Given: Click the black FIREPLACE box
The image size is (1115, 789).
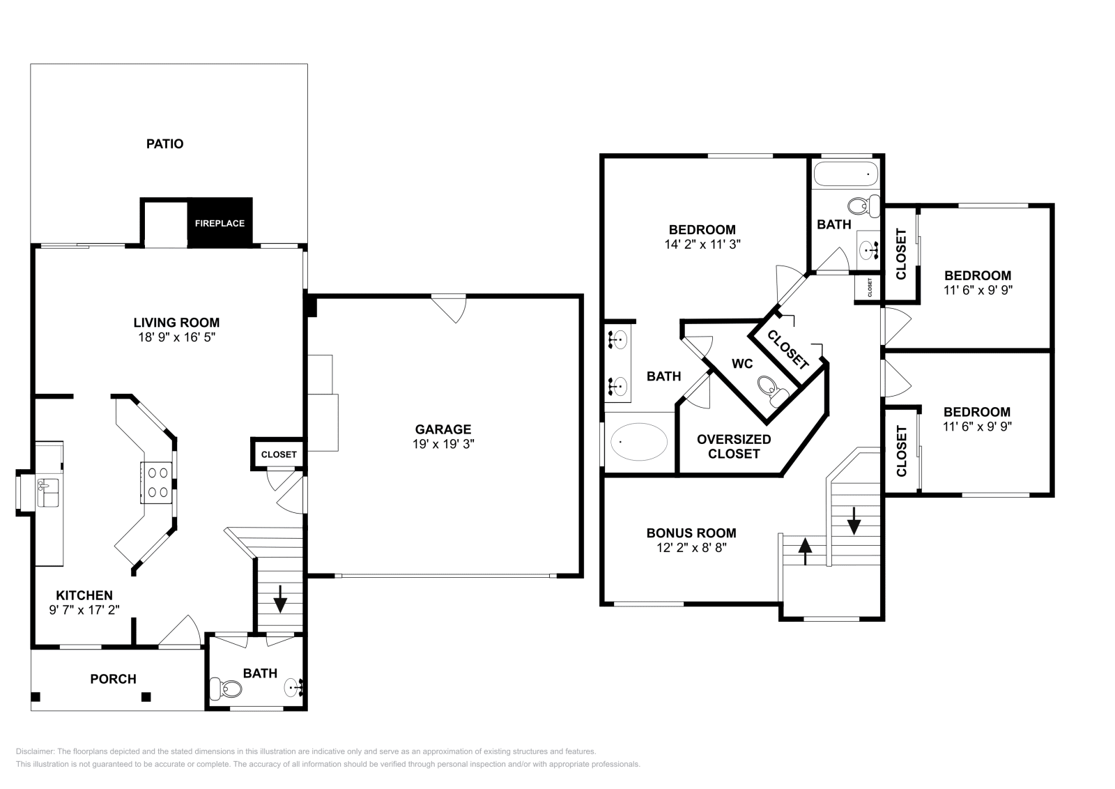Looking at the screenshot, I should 220,223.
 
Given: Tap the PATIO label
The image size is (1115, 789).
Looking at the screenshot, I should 165,144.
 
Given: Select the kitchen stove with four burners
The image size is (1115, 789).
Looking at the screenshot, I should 157,482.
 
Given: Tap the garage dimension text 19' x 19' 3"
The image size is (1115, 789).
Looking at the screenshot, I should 443,443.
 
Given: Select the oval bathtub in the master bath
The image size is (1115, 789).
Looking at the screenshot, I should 639,442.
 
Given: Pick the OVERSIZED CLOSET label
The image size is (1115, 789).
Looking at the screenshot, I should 734,446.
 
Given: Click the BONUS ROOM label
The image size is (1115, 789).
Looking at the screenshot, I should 691,533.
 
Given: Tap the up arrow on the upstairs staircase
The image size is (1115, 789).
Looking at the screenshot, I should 805,551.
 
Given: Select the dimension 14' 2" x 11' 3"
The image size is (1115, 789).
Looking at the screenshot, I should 702,245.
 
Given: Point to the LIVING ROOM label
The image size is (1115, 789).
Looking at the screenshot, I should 176,323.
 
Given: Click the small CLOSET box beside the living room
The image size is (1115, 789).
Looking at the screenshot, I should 279,454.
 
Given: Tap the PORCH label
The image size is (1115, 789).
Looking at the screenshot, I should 114,679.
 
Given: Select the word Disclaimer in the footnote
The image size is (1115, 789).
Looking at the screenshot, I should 34,751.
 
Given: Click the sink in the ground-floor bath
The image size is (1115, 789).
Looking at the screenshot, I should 294,688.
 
